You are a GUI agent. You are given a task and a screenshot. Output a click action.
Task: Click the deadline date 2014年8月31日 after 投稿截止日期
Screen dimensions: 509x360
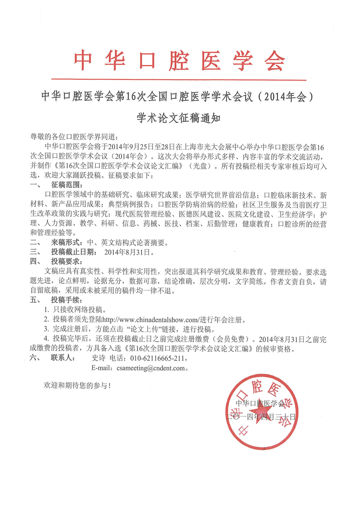129,252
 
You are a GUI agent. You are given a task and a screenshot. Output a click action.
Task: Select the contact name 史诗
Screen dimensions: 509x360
99,359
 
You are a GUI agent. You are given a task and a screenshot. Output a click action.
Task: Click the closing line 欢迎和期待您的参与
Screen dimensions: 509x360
78,386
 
